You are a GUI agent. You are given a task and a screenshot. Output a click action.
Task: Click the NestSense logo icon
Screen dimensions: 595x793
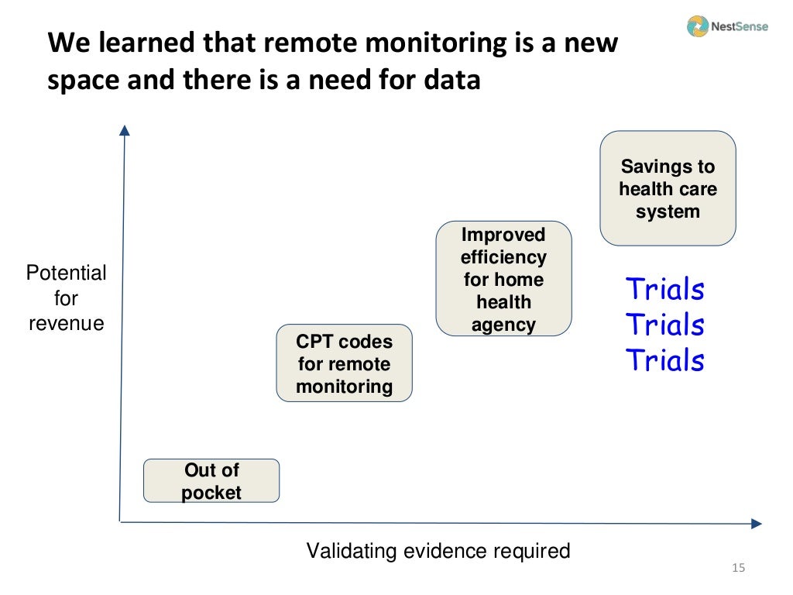[x=697, y=26]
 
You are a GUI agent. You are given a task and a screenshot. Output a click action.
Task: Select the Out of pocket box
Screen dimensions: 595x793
[x=211, y=481]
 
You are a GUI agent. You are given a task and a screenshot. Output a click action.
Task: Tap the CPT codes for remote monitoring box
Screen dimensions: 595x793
[x=345, y=363]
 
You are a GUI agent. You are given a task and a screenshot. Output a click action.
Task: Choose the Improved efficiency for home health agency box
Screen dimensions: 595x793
[x=503, y=279]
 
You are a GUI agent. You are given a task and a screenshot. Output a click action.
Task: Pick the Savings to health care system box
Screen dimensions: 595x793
[x=668, y=188]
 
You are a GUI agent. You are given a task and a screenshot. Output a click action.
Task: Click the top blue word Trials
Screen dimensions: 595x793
[x=665, y=289]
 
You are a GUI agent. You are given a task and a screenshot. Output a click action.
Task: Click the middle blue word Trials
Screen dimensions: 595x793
[x=665, y=325]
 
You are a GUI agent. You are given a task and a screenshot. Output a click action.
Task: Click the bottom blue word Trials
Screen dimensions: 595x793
[x=665, y=360]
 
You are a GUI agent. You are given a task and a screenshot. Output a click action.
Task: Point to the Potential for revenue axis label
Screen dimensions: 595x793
[x=67, y=298]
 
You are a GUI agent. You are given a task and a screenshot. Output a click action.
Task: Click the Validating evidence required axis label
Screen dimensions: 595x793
[x=438, y=551]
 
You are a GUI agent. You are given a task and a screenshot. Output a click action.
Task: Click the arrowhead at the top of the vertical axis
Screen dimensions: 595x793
[x=124, y=129]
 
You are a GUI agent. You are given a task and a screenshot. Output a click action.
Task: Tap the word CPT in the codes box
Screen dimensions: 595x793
[x=314, y=342]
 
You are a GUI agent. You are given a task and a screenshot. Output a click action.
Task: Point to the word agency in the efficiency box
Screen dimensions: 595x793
[x=503, y=325]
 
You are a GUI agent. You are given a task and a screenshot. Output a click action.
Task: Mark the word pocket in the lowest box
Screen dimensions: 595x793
[x=211, y=493]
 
